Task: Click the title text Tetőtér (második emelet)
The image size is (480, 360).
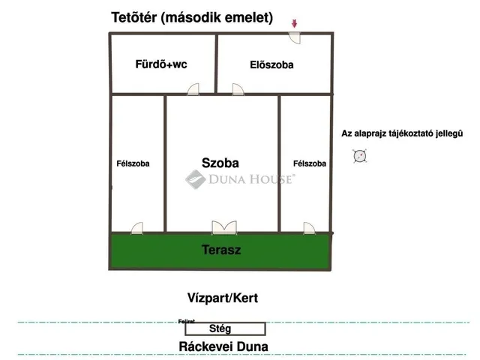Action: [x=192, y=17]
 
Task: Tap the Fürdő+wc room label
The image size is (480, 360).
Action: [x=160, y=64]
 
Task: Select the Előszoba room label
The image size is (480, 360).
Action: [x=271, y=65]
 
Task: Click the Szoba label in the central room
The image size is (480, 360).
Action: [x=220, y=162]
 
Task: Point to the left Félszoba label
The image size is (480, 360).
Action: [x=133, y=163]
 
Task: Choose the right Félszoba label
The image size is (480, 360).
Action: [x=310, y=163]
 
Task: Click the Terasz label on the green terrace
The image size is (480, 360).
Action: [x=221, y=250]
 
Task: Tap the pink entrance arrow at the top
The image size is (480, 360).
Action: [x=295, y=24]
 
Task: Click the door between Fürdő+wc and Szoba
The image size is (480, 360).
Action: [x=193, y=91]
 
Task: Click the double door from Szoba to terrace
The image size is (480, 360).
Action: [x=223, y=227]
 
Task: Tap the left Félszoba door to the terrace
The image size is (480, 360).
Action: [x=137, y=228]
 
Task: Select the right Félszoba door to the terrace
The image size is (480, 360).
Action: [x=309, y=228]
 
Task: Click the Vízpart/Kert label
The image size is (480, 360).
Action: [x=223, y=298]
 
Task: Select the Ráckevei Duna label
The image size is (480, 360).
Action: [x=223, y=346]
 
